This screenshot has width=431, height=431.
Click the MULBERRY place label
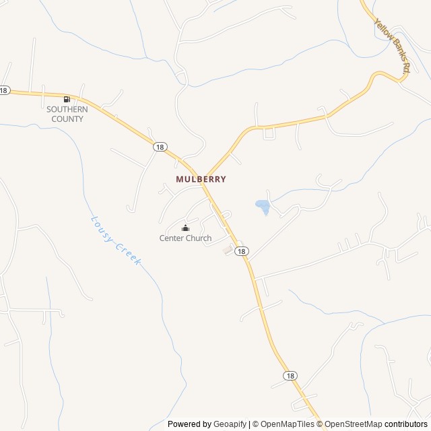pos(201,179)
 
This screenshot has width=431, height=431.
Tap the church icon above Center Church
pos(185,228)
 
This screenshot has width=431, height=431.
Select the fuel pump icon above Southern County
pos(66,99)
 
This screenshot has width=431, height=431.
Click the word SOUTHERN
pos(67,109)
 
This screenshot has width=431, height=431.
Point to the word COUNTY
pos(67,119)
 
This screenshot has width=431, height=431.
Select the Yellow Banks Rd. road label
pos(393,46)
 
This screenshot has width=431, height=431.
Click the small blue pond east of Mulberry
pos(262,206)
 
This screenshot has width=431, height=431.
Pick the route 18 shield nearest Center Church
pos(242,251)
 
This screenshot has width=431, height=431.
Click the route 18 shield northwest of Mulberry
pos(159,146)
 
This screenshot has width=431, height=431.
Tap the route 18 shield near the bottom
pos(290,376)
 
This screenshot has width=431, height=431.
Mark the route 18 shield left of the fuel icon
pos(4,90)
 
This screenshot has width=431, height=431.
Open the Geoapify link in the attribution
pos(230,424)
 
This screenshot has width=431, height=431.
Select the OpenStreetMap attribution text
pos(353,424)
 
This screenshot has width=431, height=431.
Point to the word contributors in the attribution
pos(407,424)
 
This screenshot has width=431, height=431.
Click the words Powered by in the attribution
pos(189,424)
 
